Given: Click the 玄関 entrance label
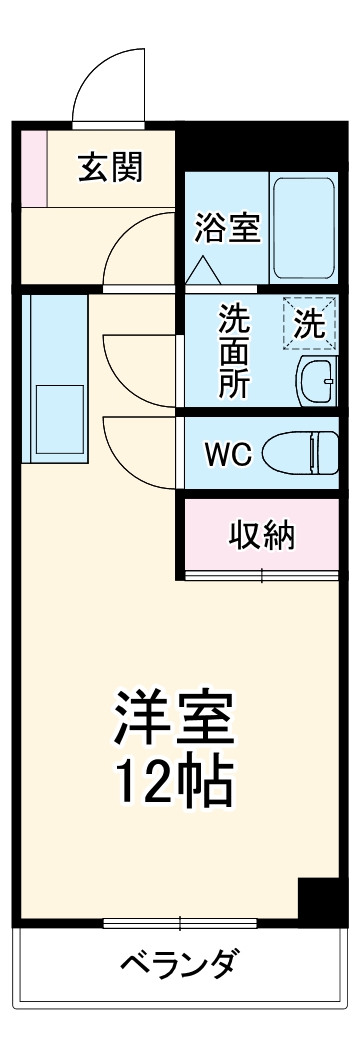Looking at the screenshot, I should [x=111, y=167].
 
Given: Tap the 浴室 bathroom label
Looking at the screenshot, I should [x=228, y=228].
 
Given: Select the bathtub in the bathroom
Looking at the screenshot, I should [x=305, y=228].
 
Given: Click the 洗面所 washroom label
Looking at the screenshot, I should [x=236, y=351].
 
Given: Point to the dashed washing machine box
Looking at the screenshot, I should [x=309, y=324].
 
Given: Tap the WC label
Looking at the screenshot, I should [x=227, y=454].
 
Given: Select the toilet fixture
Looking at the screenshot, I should [x=300, y=453].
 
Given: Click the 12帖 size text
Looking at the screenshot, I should [x=176, y=783].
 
